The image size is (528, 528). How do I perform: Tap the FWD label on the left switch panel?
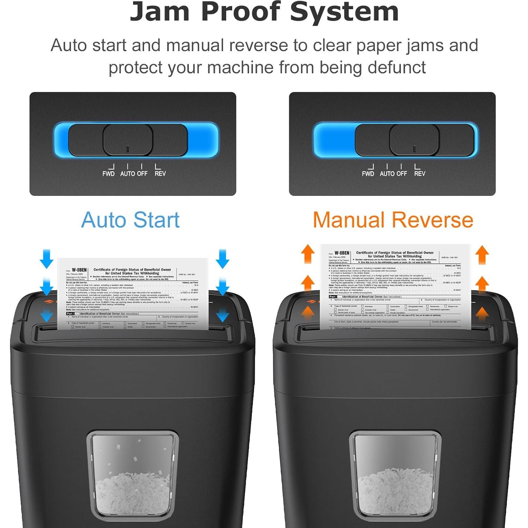tap(108, 173)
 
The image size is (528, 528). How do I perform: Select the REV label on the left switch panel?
tap(160, 173)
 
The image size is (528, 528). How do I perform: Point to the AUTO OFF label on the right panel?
tap(393, 173)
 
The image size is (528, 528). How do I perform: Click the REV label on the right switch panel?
tap(420, 173)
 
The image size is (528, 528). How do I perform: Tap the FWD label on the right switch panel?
tap(368, 173)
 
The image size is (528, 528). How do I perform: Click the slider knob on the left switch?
tap(128, 140)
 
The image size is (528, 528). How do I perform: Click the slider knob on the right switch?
tap(415, 140)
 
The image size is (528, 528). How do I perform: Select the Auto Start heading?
tap(130, 220)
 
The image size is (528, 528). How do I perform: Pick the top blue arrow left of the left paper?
tap(46, 259)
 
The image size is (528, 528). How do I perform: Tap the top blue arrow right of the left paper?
tap(222, 259)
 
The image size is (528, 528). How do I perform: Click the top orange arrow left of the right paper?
tap(308, 254)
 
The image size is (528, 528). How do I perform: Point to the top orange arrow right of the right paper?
tap(482, 254)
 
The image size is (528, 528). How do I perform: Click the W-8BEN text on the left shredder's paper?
tap(79, 270)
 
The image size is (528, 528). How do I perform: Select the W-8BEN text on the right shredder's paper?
tap(342, 253)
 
